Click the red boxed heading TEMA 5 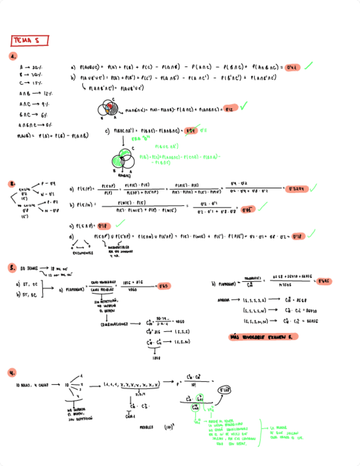click(x=30, y=41)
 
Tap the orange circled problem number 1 click(x=13, y=56)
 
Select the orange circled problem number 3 click(x=12, y=268)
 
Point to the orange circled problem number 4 click(x=12, y=373)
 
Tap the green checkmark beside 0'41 click(x=309, y=65)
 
